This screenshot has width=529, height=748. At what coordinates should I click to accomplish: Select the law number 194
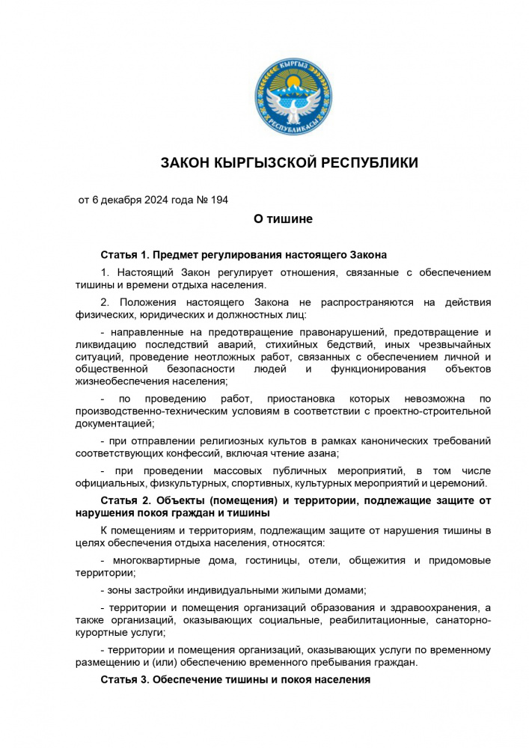tap(218, 200)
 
